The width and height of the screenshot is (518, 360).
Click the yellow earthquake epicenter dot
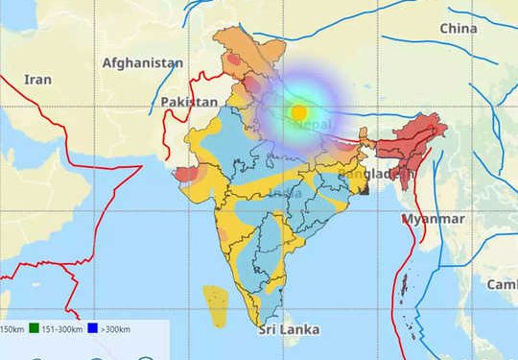[x=298, y=111]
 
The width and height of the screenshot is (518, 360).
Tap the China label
[x=458, y=29]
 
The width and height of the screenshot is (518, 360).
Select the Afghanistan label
[x=143, y=63]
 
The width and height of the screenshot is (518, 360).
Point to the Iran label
[x=37, y=80]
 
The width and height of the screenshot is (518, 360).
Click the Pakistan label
[x=189, y=102]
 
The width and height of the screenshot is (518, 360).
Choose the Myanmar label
[x=433, y=219]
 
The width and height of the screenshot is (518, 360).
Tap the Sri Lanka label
[x=289, y=330]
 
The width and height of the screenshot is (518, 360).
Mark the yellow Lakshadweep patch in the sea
[x=216, y=303]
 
